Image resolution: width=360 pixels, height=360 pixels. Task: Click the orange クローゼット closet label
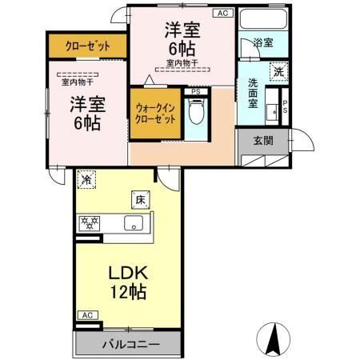tap(88, 46)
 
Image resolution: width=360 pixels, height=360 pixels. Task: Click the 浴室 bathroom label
tap(262, 43)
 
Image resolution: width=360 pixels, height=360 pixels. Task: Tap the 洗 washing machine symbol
tap(278, 70)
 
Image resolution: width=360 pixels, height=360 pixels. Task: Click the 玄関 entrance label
tap(265, 141)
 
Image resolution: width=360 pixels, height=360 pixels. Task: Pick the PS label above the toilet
tap(196, 92)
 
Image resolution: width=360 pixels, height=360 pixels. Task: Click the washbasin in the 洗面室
tap(271, 109)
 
